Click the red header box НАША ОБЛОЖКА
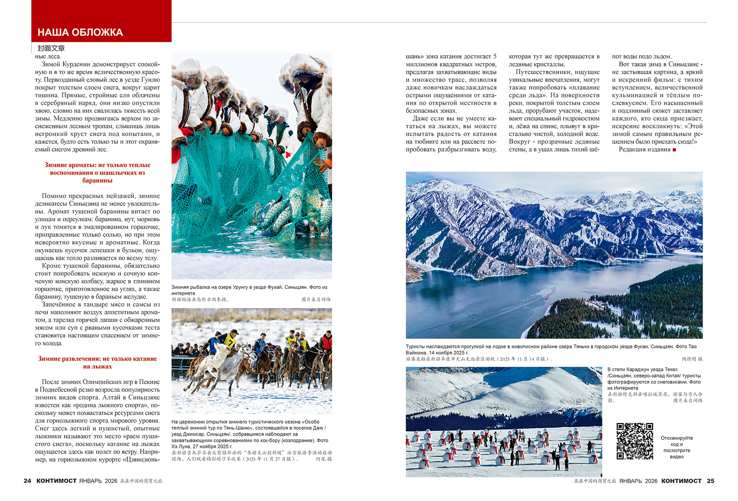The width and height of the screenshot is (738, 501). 101,22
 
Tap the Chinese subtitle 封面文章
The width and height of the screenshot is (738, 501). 51,48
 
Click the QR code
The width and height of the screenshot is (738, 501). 635,441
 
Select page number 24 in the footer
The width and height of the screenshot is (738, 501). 27,481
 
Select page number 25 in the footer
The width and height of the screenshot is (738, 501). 710,481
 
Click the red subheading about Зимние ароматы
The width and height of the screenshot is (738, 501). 97,173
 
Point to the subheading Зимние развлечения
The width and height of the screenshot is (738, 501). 97,363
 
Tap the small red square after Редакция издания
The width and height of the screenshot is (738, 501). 674,150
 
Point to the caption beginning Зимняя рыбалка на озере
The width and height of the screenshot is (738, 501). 249,290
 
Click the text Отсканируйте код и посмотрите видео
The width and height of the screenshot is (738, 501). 676,447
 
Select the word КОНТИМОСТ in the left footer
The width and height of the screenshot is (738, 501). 57,481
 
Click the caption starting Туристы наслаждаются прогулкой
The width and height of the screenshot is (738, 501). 551,350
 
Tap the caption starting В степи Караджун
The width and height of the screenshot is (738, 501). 654,379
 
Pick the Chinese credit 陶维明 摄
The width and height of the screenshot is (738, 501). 692,359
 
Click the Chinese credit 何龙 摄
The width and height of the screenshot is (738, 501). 324,459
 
